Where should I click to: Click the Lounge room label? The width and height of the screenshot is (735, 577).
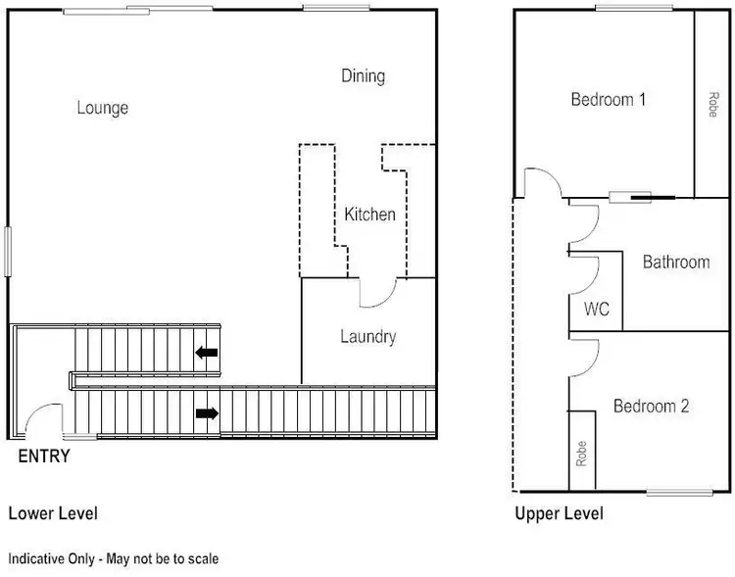(103, 108)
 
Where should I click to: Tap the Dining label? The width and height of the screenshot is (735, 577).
(363, 75)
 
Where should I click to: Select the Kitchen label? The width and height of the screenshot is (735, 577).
(369, 214)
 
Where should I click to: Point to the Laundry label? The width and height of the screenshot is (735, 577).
(367, 337)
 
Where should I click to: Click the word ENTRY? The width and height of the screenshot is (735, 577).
(44, 457)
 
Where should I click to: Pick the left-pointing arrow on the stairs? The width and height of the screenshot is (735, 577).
(207, 353)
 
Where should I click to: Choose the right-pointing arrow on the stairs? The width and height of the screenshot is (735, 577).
(207, 413)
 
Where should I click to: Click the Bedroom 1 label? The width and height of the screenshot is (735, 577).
(609, 99)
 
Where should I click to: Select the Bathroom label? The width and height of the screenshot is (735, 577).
(675, 262)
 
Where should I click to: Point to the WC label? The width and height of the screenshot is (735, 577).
(597, 310)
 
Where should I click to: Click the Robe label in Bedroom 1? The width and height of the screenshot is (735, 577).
(711, 105)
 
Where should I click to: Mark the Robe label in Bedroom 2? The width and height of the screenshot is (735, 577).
(582, 452)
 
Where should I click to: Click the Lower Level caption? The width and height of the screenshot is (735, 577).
(53, 512)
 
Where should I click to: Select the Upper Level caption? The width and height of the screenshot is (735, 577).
(559, 512)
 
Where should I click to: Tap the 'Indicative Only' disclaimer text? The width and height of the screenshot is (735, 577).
(114, 558)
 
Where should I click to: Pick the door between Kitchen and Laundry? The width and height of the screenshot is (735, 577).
(378, 291)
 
